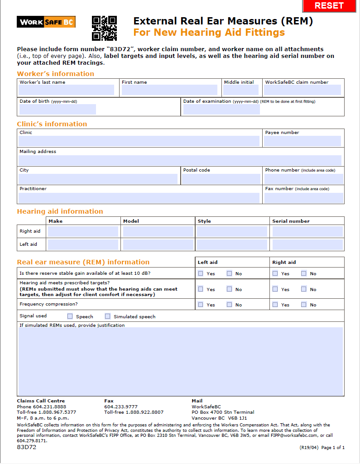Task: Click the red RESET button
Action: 329,6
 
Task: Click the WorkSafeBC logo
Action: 46,22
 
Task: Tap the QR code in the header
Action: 104,28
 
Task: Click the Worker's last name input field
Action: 67,90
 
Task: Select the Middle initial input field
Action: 240,90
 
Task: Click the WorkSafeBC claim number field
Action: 302,90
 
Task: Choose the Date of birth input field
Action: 58,109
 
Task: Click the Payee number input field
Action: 302,141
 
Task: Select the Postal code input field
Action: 221,179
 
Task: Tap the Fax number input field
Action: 303,198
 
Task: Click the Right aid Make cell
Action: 83,231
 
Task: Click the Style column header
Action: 204,221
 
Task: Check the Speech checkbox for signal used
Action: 70,316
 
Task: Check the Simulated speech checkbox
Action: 108,316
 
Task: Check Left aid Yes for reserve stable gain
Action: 201,273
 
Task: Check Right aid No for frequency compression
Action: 304,305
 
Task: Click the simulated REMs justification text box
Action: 181,361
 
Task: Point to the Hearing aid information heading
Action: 60,211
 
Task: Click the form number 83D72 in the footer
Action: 27,447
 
